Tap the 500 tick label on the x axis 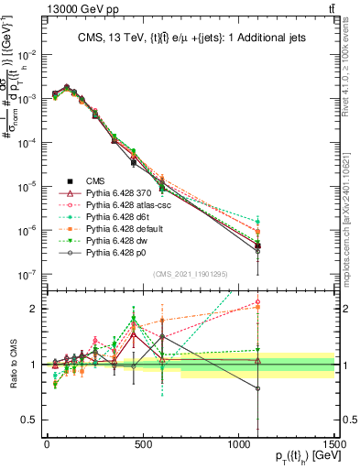click(x=142, y=443)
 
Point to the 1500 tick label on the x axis click(x=333, y=443)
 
